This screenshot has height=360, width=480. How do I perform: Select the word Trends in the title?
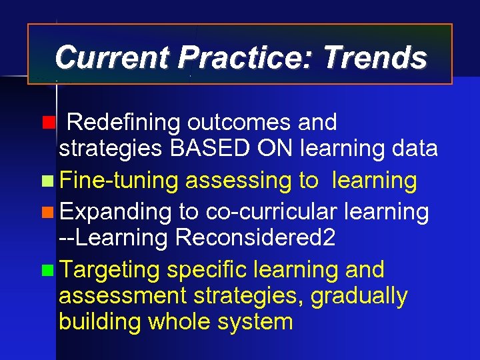[x=375, y=57]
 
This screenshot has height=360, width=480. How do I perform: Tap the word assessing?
[x=237, y=180]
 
